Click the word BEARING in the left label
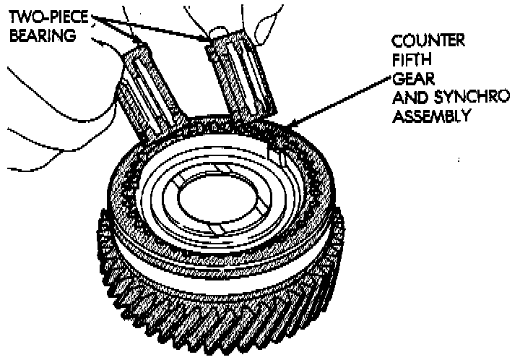(x=38, y=35)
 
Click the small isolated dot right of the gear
(x=460, y=158)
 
